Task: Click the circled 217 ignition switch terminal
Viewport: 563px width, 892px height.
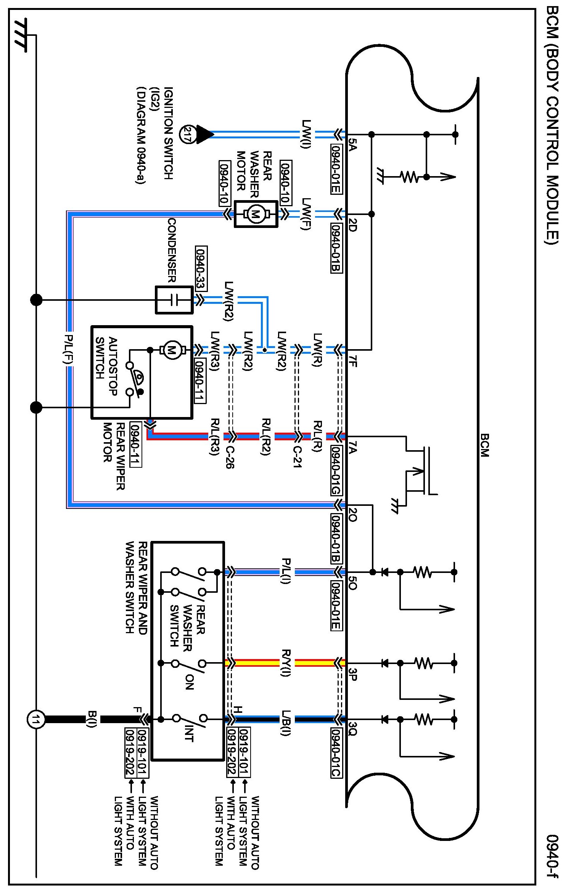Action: [x=187, y=134]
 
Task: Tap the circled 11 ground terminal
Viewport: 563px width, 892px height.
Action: [x=36, y=720]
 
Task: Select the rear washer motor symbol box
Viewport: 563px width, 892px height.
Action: [x=256, y=214]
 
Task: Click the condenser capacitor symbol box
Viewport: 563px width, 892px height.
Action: [x=174, y=300]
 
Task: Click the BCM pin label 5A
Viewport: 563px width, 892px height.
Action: [x=353, y=145]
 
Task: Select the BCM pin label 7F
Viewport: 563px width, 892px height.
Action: [x=353, y=360]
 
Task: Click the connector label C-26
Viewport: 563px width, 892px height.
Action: [x=230, y=457]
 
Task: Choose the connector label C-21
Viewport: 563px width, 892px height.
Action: [x=297, y=457]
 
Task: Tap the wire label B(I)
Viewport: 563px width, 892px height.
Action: [x=92, y=720]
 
